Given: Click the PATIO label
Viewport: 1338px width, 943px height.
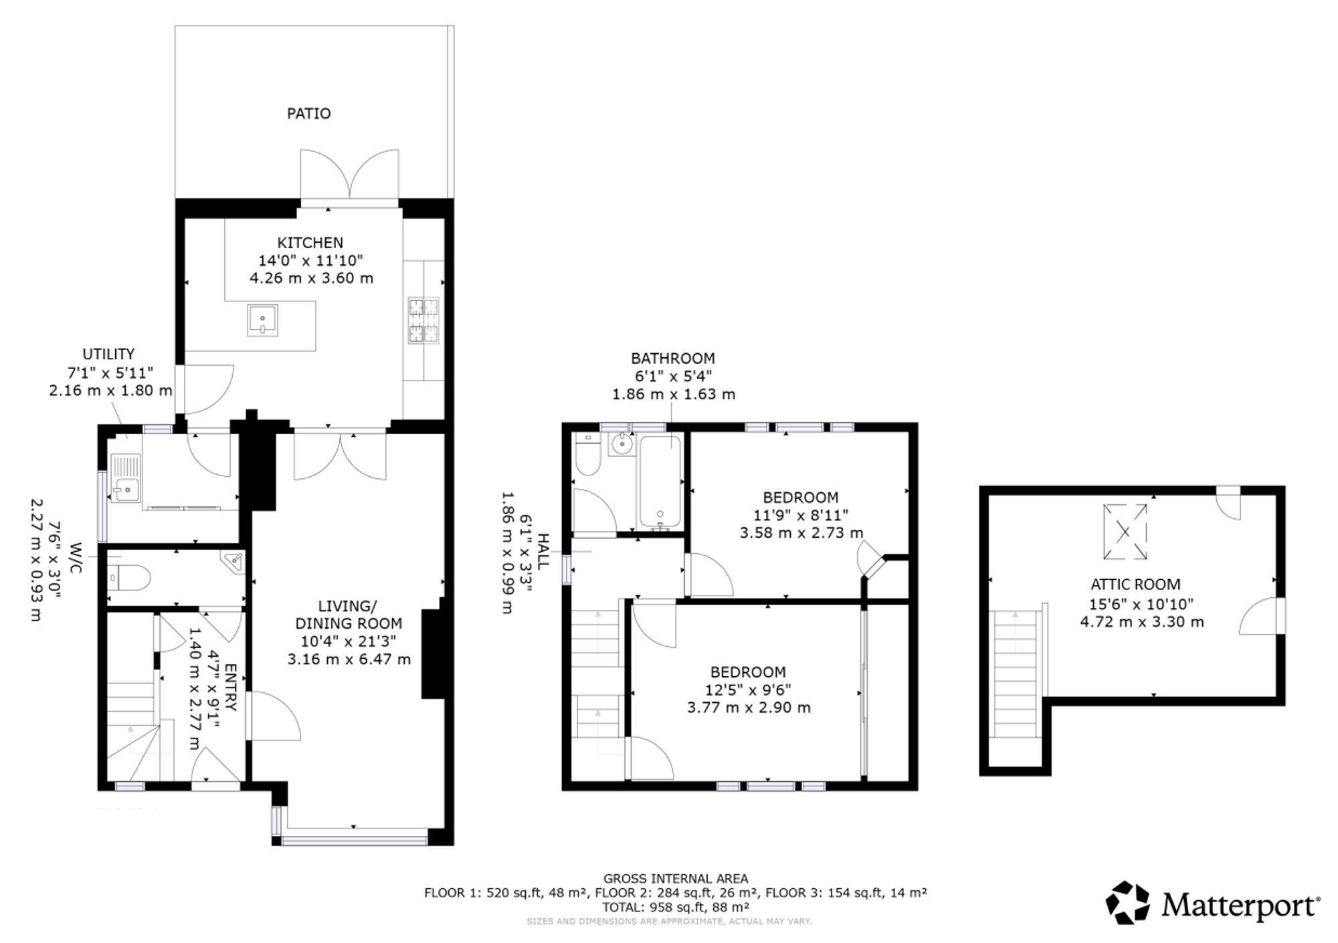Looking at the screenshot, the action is pyautogui.click(x=308, y=114).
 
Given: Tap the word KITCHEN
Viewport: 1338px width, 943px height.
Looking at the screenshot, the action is pyautogui.click(x=310, y=243).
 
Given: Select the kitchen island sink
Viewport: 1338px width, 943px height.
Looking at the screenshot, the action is pyautogui.click(x=262, y=320).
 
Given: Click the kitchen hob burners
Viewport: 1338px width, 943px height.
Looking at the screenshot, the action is pyautogui.click(x=423, y=320).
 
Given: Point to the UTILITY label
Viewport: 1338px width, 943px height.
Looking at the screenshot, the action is pyautogui.click(x=108, y=354).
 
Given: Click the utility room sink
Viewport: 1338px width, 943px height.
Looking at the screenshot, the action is pyautogui.click(x=125, y=478).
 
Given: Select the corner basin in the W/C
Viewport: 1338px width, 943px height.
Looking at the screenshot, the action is pyautogui.click(x=233, y=562).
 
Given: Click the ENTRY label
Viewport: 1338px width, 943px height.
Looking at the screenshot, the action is pyautogui.click(x=229, y=688).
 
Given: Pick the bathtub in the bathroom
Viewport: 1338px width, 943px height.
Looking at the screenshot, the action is pyautogui.click(x=660, y=482).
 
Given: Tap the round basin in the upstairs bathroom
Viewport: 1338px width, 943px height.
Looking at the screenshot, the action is pyautogui.click(x=622, y=444).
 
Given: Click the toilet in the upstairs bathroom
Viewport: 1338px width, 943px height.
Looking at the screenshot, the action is pyautogui.click(x=587, y=455).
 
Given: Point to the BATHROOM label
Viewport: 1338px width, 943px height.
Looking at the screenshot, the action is pyautogui.click(x=673, y=358).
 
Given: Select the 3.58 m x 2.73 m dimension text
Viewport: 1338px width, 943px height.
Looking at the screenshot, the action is pyautogui.click(x=801, y=533).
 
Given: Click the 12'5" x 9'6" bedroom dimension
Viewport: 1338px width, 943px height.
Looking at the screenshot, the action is pyautogui.click(x=749, y=690).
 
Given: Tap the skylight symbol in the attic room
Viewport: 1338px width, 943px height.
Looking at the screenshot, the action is pyautogui.click(x=1125, y=532).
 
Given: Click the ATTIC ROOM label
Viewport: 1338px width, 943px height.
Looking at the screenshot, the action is pyautogui.click(x=1135, y=585).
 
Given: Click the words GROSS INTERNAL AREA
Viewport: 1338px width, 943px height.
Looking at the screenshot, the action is pyautogui.click(x=676, y=879).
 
